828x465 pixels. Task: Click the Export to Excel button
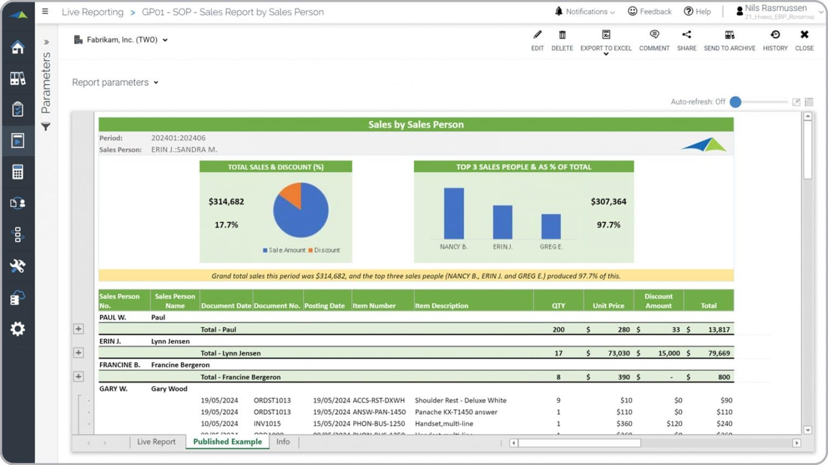(x=606, y=40)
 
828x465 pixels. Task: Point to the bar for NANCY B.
(x=453, y=213)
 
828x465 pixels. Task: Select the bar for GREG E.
(x=551, y=226)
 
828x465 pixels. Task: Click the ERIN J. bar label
(x=502, y=246)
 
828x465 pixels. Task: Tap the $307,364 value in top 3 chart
(x=608, y=202)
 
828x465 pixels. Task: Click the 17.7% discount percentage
(x=226, y=225)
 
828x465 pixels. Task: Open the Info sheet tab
(x=283, y=442)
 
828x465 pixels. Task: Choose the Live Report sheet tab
(x=156, y=442)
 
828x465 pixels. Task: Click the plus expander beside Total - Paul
(x=79, y=329)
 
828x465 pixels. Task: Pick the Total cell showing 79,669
(x=719, y=354)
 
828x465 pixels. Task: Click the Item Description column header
(x=441, y=306)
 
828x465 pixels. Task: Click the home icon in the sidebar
(x=18, y=47)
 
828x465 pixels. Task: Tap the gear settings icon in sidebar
(x=18, y=329)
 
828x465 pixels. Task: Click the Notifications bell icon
(x=558, y=11)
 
